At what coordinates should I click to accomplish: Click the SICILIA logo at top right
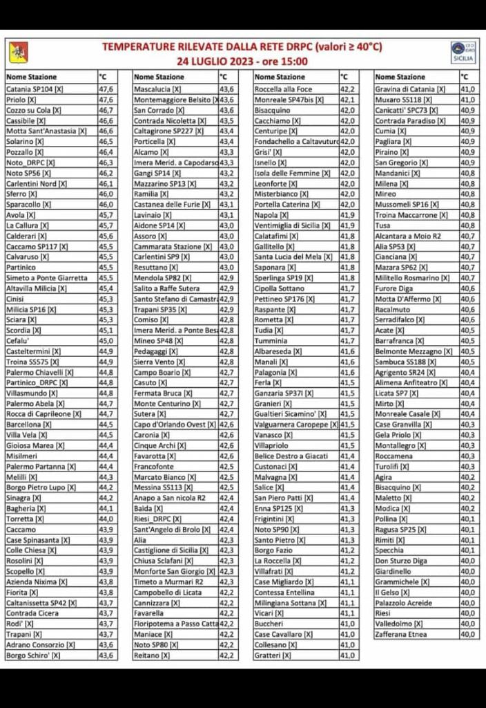point(462,52)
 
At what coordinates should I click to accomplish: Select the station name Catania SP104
point(34,89)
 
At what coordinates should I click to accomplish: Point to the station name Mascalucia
point(157,89)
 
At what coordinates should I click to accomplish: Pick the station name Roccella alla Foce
point(283,89)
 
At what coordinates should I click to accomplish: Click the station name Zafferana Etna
point(402,634)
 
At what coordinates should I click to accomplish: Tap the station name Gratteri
point(269,655)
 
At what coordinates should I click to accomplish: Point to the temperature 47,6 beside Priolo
point(106,100)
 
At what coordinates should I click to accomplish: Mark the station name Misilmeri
point(21,456)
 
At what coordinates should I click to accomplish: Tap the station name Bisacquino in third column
point(272,110)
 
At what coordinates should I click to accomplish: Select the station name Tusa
point(382,225)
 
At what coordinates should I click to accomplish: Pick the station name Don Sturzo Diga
point(400,561)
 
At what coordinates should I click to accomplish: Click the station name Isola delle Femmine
point(286,173)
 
